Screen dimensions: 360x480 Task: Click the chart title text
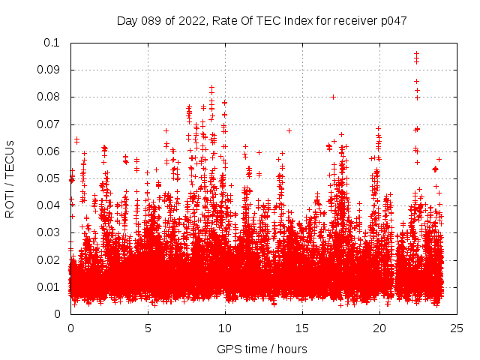[x=262, y=21]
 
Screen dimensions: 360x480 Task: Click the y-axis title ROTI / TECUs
[x=10, y=178]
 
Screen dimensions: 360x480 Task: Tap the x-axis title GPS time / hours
[x=262, y=349]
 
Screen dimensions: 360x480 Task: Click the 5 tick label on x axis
[x=148, y=328]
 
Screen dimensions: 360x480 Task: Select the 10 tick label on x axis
[x=225, y=328]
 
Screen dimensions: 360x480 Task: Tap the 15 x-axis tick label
[x=302, y=328]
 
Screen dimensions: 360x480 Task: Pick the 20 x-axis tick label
[x=379, y=328]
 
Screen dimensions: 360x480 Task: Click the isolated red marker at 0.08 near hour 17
[x=333, y=97]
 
